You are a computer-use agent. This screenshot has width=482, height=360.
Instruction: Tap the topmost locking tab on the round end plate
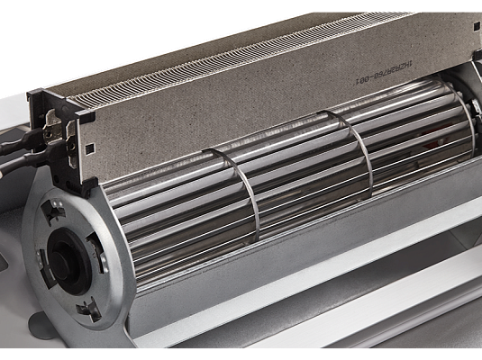pyautogui.click(x=54, y=209)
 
